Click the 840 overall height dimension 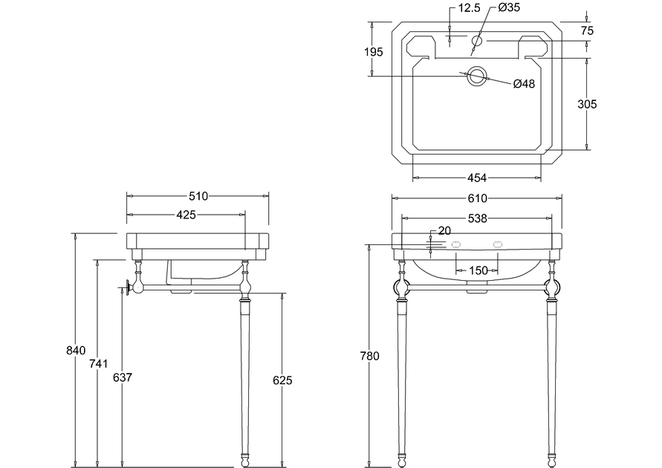tap(76, 351)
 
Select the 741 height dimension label tap(98, 363)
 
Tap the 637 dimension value tap(123, 377)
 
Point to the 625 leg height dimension tap(282, 380)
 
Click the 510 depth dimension tap(198, 196)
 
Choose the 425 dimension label tap(186, 215)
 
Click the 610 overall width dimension tap(478, 198)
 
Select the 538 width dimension tap(478, 218)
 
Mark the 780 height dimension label tap(370, 356)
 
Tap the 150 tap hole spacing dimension tap(478, 270)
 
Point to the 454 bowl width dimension tap(477, 178)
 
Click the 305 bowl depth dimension tap(587, 104)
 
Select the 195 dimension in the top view tap(374, 52)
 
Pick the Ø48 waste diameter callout tap(524, 84)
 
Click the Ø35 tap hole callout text tap(509, 7)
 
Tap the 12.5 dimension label tap(470, 7)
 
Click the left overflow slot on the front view tap(456, 244)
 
